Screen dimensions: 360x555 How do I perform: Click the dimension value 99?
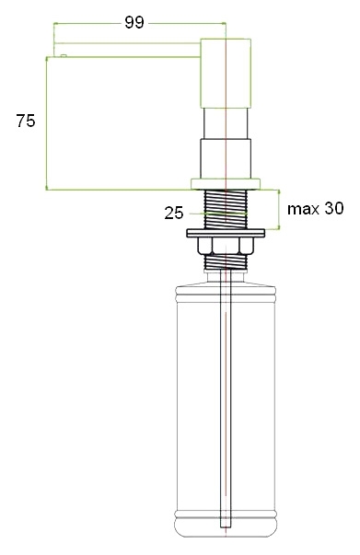[x=134, y=23]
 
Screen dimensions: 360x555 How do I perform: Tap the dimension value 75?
[x=26, y=121]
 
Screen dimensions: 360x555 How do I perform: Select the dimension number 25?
[x=174, y=214]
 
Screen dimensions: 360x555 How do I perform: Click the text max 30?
[x=315, y=209]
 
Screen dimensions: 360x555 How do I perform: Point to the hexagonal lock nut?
[x=226, y=246]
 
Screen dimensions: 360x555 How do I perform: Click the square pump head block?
[x=226, y=74]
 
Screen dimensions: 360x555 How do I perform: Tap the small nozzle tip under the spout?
[x=64, y=55]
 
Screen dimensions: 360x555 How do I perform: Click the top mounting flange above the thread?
[x=226, y=184]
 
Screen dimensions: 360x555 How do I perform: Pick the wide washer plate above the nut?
[x=226, y=233]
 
